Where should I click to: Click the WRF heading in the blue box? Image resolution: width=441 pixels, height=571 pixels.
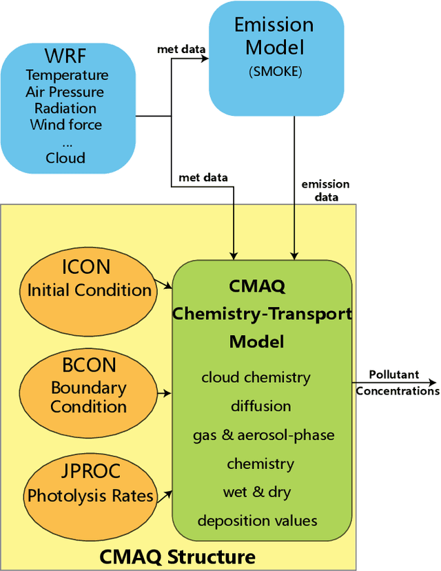pyautogui.click(x=66, y=55)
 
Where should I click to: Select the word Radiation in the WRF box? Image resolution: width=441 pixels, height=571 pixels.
pyautogui.click(x=66, y=108)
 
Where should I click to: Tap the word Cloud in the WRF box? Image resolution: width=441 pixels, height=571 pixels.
pyautogui.click(x=66, y=158)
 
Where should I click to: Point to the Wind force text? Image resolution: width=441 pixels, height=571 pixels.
pyautogui.click(x=66, y=125)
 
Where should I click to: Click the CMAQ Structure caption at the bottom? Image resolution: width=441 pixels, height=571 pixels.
pyautogui.click(x=178, y=556)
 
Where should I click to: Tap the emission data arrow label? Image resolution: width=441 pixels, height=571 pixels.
pyautogui.click(x=326, y=190)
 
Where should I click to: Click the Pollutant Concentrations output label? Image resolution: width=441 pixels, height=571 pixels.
pyautogui.click(x=397, y=383)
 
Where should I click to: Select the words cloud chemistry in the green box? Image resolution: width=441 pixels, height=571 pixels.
pyautogui.click(x=256, y=378)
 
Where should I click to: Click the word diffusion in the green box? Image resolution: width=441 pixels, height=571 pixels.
pyautogui.click(x=260, y=406)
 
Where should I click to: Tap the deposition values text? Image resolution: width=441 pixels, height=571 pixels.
pyautogui.click(x=257, y=521)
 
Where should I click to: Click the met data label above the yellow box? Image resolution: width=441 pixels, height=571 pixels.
pyautogui.click(x=203, y=178)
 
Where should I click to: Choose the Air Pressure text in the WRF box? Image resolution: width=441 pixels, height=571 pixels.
pyautogui.click(x=65, y=92)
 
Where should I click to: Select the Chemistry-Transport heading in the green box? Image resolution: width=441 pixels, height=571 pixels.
pyautogui.click(x=261, y=314)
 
